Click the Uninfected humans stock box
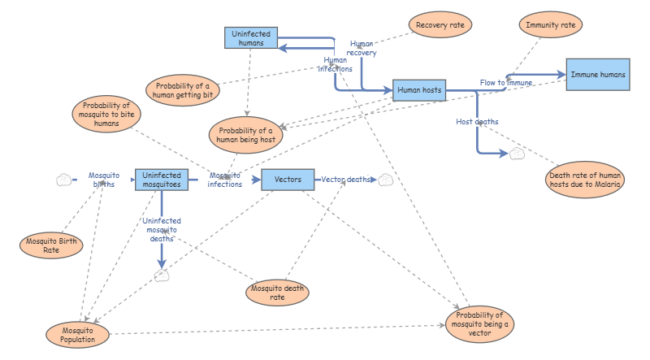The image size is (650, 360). (251, 37)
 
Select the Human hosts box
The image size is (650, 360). (419, 90)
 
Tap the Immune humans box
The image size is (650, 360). (597, 75)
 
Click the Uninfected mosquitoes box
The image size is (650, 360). (162, 179)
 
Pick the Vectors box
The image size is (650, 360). (288, 179)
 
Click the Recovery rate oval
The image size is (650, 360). (440, 25)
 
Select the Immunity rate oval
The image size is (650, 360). (550, 25)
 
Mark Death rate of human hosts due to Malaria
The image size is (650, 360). (585, 180)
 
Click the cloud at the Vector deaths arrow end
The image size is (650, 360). (385, 180)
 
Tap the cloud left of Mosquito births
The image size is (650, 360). (63, 180)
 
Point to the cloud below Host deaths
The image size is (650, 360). (517, 154)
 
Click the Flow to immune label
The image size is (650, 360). (505, 83)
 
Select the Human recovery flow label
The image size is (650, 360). (362, 48)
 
